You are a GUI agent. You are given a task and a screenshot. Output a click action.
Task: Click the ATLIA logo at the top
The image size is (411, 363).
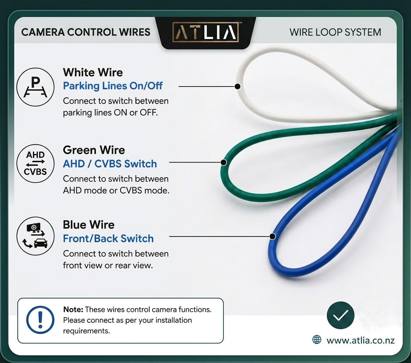[x=205, y=32]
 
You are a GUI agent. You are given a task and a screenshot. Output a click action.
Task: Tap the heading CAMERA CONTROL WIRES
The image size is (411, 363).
[x=86, y=32]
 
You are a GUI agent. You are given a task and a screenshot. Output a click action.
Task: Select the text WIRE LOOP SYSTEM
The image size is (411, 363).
[x=335, y=32]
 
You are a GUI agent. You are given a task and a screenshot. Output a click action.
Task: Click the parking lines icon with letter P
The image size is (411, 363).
[x=35, y=87]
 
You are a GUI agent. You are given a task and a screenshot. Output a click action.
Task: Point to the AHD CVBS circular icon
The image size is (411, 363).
[x=35, y=163]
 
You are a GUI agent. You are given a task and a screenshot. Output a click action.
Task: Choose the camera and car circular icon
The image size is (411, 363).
[x=35, y=236]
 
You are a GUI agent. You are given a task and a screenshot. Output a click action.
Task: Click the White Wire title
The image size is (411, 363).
[x=93, y=72]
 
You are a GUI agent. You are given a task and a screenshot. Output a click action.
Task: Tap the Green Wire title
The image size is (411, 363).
[x=94, y=150]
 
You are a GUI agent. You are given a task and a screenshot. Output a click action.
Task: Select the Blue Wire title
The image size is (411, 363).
[x=89, y=225]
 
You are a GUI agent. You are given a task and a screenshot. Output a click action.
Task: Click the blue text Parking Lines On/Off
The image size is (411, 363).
[x=113, y=86]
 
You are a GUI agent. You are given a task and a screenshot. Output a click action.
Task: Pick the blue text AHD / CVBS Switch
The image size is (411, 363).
[x=110, y=164]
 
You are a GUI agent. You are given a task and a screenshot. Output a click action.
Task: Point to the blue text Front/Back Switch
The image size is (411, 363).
[x=108, y=238]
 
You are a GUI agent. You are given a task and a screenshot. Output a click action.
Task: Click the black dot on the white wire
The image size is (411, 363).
[x=238, y=86]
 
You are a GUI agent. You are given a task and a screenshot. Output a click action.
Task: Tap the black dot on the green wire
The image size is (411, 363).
[x=224, y=162]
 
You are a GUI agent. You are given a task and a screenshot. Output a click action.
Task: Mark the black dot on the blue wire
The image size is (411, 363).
[x=273, y=236]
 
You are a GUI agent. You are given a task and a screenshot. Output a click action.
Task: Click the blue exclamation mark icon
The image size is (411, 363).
[x=40, y=320]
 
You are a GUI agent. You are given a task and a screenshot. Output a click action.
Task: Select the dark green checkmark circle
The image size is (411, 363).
[x=341, y=315]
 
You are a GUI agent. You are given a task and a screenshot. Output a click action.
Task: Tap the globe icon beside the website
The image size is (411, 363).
[x=317, y=340]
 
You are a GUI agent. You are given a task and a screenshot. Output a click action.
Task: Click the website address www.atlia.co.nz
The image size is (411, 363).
[x=360, y=340]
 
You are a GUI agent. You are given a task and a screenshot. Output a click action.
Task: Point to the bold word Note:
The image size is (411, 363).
[x=73, y=309]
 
